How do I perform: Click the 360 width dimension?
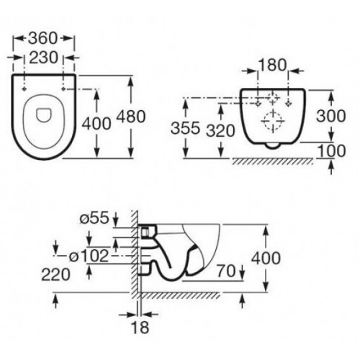tap(43, 38)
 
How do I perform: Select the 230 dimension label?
tap(44, 58)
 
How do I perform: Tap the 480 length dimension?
tap(131, 117)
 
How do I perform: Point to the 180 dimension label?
tap(272, 65)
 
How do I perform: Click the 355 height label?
tap(185, 128)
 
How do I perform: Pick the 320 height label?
tap(221, 131)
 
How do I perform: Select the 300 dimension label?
tap(331, 116)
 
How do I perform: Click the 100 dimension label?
tap(331, 151)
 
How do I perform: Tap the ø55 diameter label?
tap(94, 218)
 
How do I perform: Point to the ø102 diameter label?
tap(89, 256)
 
